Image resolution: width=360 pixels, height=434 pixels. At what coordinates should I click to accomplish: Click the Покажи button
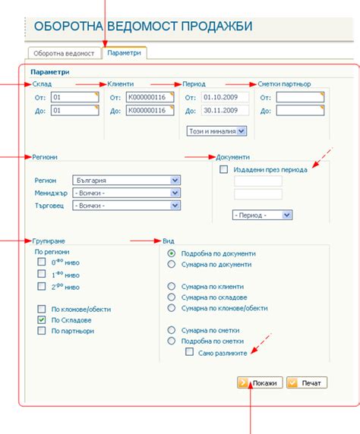[260, 383]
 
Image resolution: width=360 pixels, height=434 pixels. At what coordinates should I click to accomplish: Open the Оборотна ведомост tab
[64, 53]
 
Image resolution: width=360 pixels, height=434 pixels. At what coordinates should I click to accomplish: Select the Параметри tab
[124, 53]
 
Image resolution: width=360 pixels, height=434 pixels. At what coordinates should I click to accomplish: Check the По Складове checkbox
[42, 320]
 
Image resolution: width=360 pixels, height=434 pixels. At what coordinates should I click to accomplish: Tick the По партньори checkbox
[42, 331]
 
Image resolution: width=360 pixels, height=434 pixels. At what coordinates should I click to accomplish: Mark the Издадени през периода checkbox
[223, 169]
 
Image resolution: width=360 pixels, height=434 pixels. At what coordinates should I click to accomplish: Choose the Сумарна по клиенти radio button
[172, 286]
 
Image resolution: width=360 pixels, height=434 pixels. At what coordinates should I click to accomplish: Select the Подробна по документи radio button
[172, 253]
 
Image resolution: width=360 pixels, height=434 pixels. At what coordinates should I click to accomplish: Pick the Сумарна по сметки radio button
[172, 330]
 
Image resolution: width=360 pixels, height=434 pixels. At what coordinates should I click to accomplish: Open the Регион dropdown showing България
[126, 180]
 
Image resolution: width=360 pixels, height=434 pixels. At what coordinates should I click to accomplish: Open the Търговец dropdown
[126, 206]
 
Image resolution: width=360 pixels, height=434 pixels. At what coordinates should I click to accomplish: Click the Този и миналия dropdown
[216, 131]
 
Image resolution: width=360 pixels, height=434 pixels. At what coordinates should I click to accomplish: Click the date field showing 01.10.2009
[225, 97]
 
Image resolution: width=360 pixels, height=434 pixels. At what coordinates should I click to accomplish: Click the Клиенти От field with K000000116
[150, 97]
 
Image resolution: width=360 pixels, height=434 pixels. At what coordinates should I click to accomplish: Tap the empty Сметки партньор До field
[300, 111]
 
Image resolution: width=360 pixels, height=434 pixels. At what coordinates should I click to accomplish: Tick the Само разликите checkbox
[190, 352]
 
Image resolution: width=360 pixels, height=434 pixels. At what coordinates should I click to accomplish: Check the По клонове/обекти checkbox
[42, 309]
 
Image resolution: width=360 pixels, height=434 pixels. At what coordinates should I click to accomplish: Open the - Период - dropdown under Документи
[262, 215]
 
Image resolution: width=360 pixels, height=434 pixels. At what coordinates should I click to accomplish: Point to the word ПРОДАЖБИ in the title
[216, 27]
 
